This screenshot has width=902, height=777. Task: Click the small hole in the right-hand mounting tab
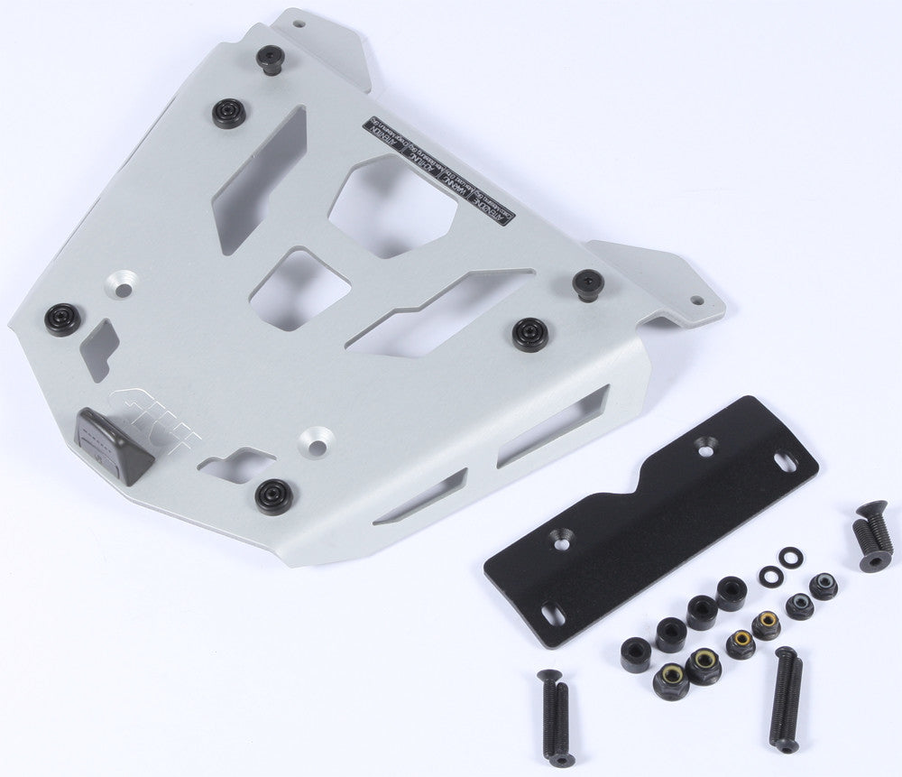(x=696, y=301)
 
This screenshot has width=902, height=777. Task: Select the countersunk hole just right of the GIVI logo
(x=318, y=439)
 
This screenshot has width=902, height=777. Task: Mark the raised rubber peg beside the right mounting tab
(x=587, y=283)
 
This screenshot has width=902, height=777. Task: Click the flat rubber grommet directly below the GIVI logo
(x=272, y=495)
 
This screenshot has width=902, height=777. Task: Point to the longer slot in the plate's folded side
(x=552, y=423)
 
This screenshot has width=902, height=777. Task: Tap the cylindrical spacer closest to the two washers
(x=731, y=593)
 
